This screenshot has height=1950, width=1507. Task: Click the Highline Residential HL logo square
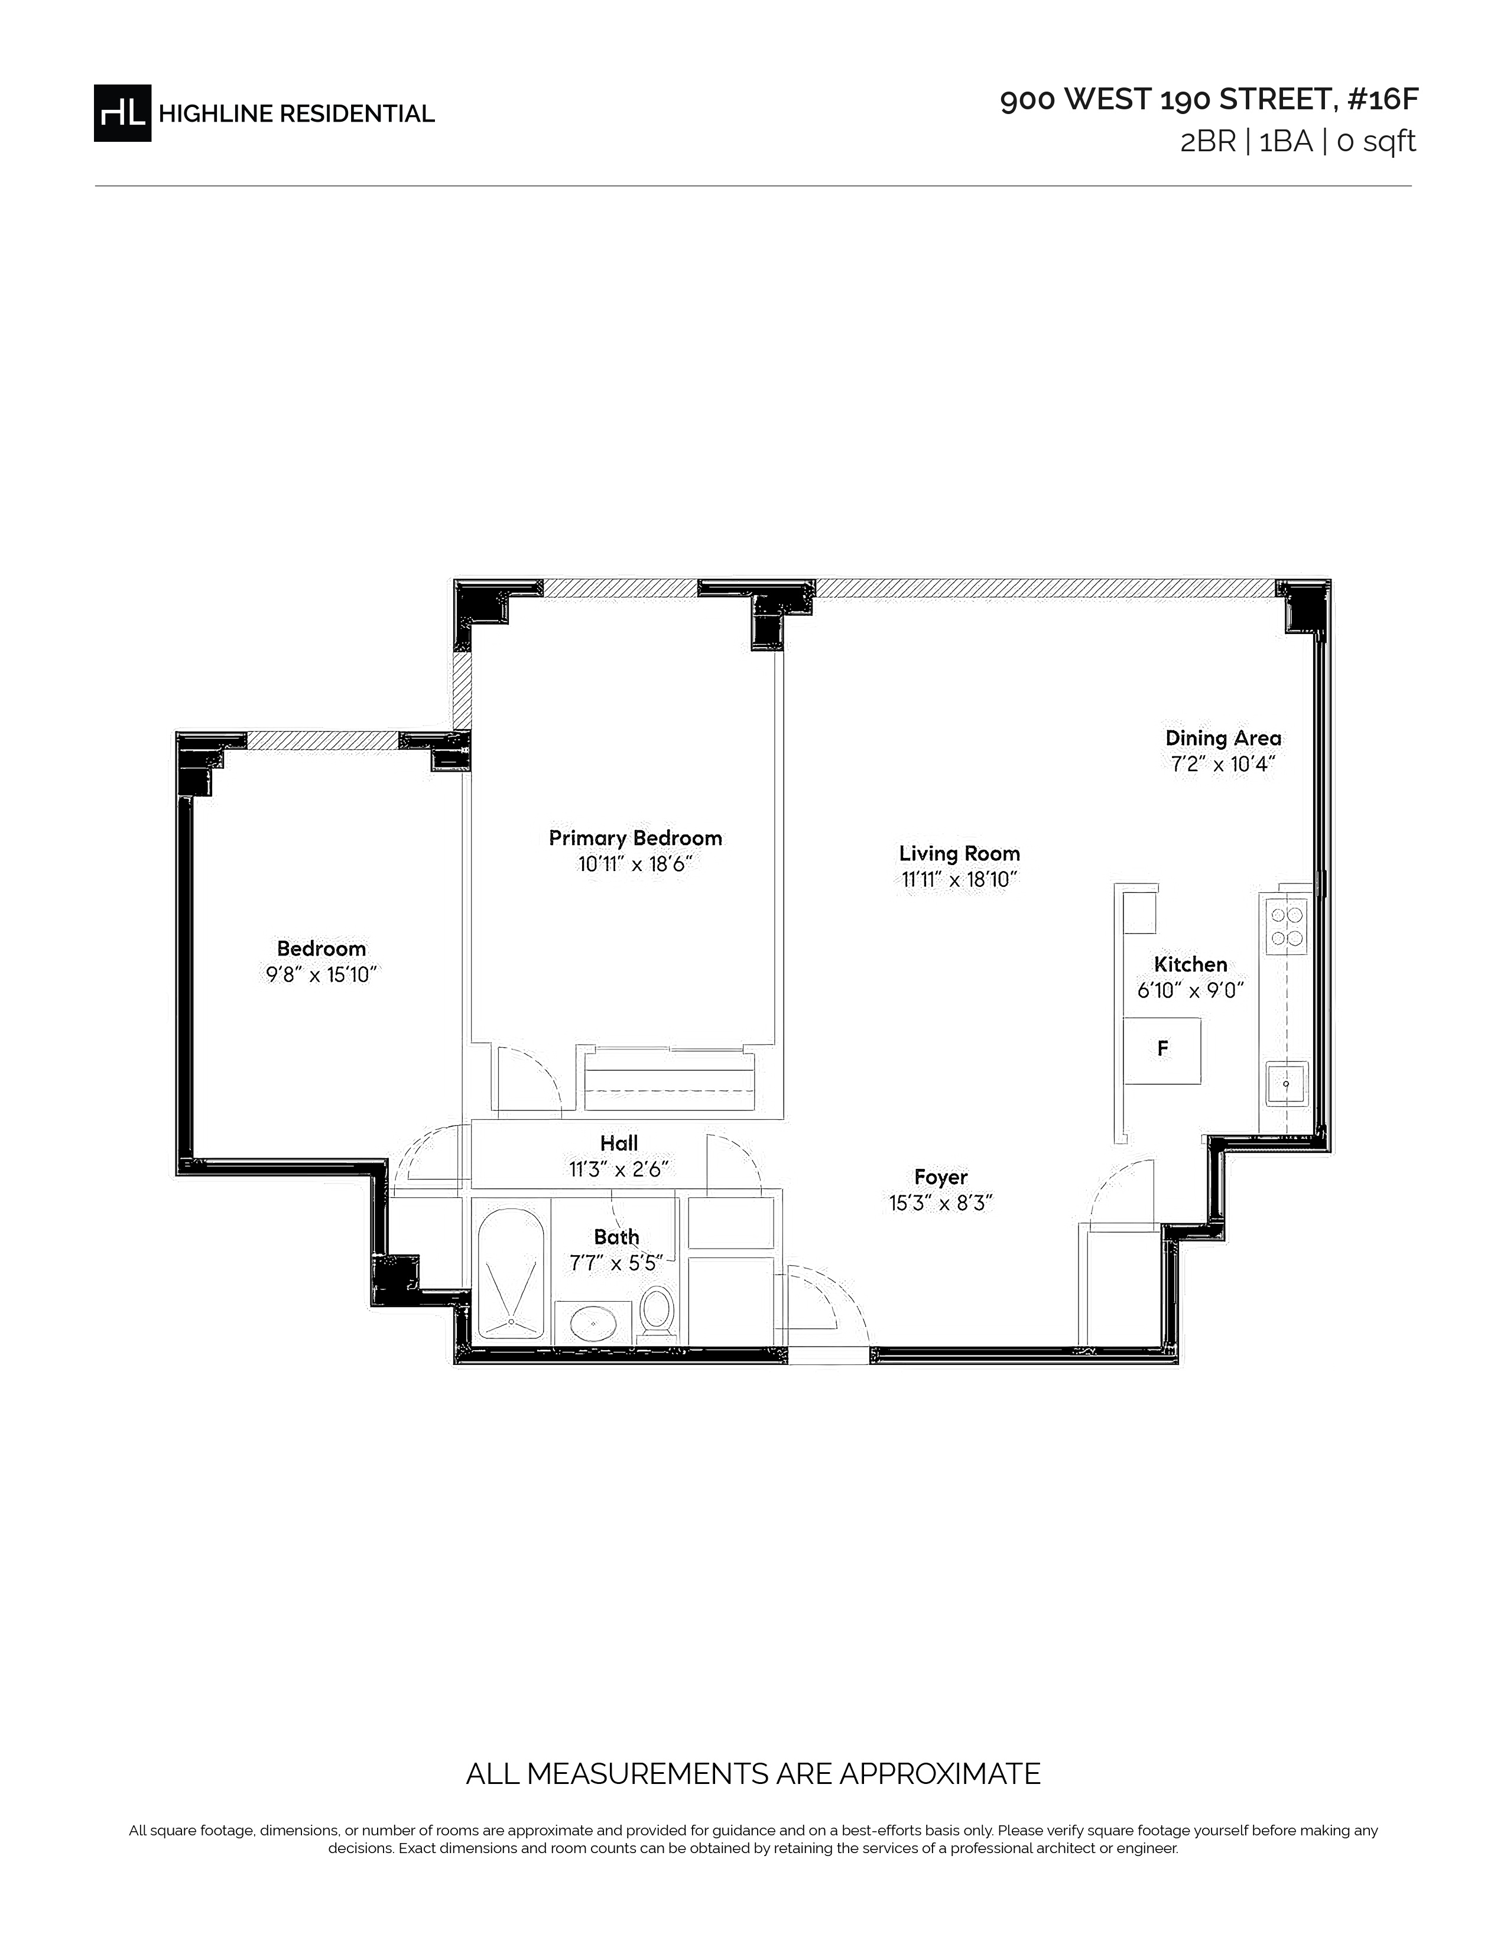coord(122,112)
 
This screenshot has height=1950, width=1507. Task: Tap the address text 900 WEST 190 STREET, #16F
coord(1209,99)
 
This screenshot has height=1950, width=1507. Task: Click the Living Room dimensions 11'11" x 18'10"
coord(960,879)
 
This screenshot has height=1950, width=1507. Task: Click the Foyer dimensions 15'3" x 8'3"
coord(941,1204)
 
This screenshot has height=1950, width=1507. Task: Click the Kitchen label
coord(1191,964)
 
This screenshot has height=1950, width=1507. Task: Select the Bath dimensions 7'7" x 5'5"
coord(616,1263)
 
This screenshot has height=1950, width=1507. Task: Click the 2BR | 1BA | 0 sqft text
coord(1298,141)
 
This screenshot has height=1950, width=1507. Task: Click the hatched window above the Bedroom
coord(322,740)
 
